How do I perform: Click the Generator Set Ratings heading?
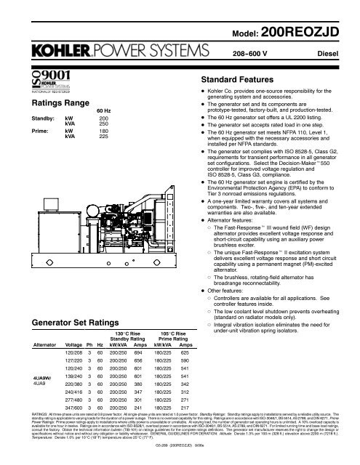point(62,320)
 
